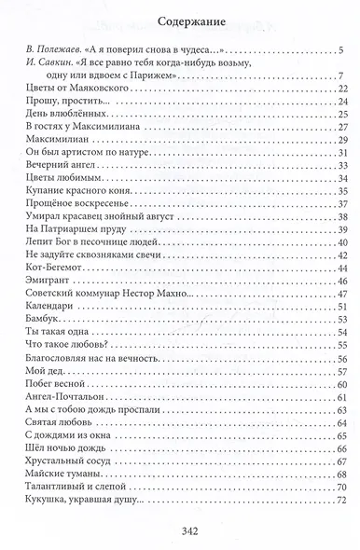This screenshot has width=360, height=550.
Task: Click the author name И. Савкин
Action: [46, 62]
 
